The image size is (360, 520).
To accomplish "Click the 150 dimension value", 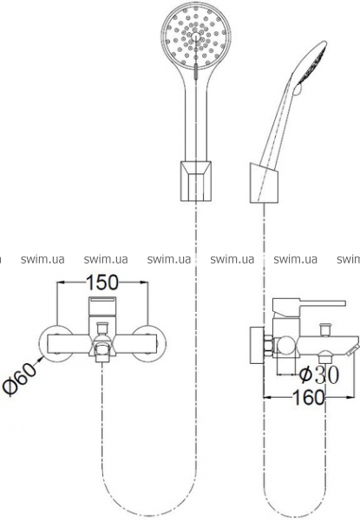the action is [101, 283].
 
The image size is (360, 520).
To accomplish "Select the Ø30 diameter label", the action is [319, 374].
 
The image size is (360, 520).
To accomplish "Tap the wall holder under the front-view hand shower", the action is [196, 181].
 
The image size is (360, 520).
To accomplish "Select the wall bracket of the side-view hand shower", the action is [265, 183].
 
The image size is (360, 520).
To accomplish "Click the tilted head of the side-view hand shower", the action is [311, 63].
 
